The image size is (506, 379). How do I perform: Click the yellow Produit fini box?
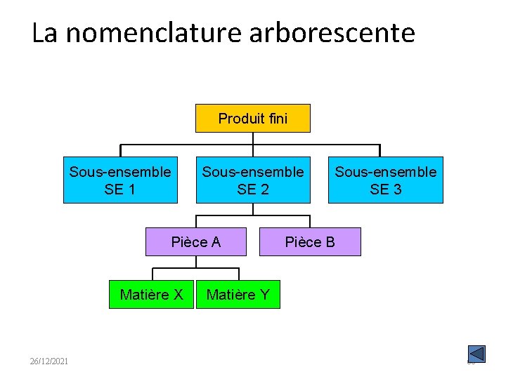[252, 119]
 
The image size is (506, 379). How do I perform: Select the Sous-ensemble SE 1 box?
[120, 180]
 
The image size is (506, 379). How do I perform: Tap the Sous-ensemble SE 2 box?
[252, 180]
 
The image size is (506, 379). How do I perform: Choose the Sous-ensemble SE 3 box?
[385, 180]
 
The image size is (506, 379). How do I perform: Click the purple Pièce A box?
[196, 242]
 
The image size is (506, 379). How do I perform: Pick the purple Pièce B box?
[310, 242]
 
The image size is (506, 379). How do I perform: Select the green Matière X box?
[151, 295]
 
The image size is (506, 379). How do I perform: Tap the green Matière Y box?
[238, 295]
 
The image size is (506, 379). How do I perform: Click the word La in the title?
[45, 32]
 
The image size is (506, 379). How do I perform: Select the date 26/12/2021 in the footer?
[49, 361]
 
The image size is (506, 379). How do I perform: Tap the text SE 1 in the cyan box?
[120, 189]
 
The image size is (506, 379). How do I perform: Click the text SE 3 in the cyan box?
[385, 189]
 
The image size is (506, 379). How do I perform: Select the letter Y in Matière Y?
[264, 295]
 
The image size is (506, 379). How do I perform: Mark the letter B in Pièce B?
[330, 242]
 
